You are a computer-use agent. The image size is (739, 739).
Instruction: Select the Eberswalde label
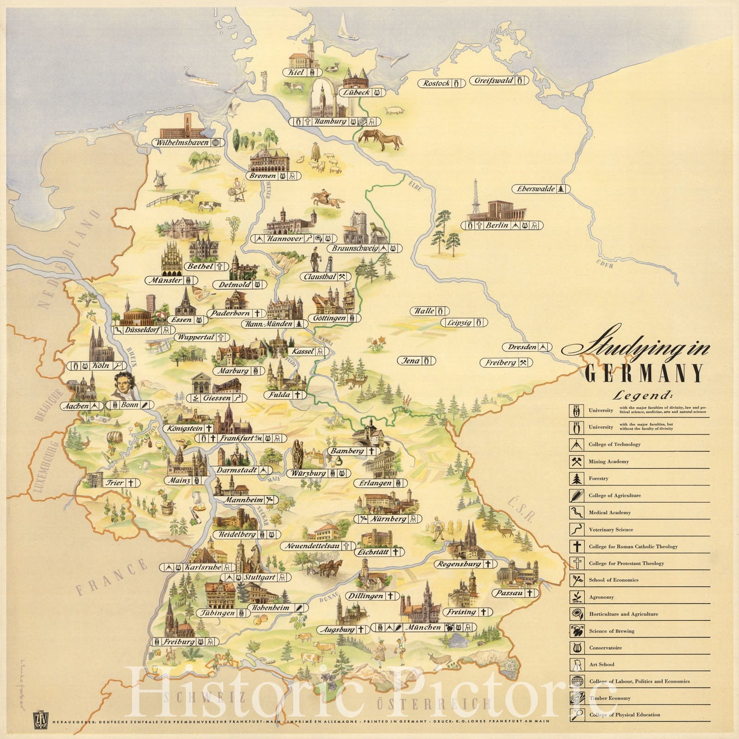pos(536,189)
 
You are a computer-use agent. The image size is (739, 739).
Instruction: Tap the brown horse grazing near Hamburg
pos(380,139)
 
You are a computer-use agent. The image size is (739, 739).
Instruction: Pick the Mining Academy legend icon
pos(576,461)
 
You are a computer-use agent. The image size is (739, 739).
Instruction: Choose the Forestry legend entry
pos(598,479)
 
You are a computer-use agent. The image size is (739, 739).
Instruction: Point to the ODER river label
pos(605,266)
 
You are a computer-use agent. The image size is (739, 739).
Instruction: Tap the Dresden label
pos(522,347)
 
